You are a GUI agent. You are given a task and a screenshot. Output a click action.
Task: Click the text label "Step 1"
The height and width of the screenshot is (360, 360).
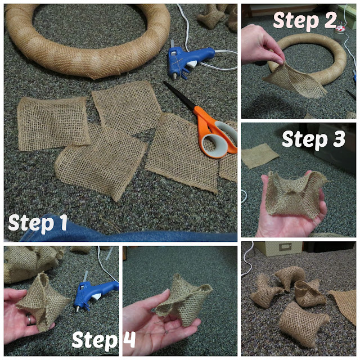tap(38, 223)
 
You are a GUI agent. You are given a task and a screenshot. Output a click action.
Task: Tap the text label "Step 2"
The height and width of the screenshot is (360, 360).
tap(305, 21)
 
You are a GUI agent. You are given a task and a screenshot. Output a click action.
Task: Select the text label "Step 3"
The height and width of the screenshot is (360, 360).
tap(314, 139)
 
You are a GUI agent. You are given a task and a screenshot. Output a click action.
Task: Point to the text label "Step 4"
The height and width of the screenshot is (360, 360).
tap(103, 339)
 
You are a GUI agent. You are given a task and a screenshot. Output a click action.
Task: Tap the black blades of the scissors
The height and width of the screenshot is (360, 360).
tap(179, 94)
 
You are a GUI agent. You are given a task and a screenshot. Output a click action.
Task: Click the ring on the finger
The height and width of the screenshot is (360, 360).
tap(30, 319)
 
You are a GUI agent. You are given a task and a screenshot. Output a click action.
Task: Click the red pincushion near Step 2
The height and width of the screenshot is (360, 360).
tap(340, 29)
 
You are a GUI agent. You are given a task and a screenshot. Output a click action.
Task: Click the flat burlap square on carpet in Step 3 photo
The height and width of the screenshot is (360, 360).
tap(259, 155)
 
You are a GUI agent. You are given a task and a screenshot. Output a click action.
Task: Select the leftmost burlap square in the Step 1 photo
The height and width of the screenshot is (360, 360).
tap(53, 124)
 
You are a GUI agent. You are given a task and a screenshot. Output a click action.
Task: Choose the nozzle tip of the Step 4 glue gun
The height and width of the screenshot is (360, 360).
tap(78, 309)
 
